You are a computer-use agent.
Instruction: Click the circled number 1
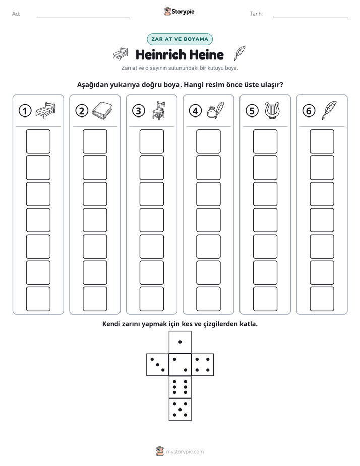point(25,111)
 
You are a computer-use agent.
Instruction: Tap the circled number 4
point(195,111)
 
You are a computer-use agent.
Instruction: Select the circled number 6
point(309,111)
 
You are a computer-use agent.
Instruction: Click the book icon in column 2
point(102,110)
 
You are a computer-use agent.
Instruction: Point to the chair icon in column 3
point(159,110)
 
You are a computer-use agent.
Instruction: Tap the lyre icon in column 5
point(272,110)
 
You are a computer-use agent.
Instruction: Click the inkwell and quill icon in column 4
point(215,110)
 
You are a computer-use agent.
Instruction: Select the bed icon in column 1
point(45,110)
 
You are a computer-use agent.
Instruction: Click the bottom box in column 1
point(38,299)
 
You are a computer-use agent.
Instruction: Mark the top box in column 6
point(322,141)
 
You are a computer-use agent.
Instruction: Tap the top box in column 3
point(151,141)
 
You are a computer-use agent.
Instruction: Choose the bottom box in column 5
point(265,299)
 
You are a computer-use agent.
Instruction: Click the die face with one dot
point(180,342)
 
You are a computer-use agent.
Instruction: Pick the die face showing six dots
point(180,387)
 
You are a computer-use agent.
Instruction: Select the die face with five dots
point(180,409)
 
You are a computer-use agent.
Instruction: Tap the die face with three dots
point(158,364)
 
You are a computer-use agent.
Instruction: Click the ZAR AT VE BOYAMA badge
point(179,39)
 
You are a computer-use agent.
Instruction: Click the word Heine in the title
point(206,54)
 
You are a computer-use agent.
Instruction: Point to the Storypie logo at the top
point(179,12)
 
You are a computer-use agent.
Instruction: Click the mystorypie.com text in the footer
point(185,452)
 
